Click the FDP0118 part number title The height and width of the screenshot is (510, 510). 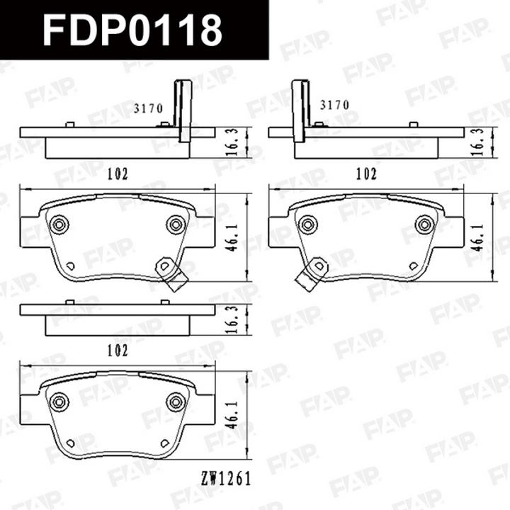click(132, 30)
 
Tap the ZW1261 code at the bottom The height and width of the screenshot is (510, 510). click(226, 478)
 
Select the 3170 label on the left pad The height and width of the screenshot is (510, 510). click(148, 108)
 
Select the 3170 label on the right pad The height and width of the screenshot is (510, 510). click(334, 105)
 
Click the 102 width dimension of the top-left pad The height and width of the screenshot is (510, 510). click(118, 174)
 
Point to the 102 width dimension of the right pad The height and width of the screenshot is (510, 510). click(366, 174)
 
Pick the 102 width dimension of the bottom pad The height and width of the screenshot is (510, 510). click(118, 351)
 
